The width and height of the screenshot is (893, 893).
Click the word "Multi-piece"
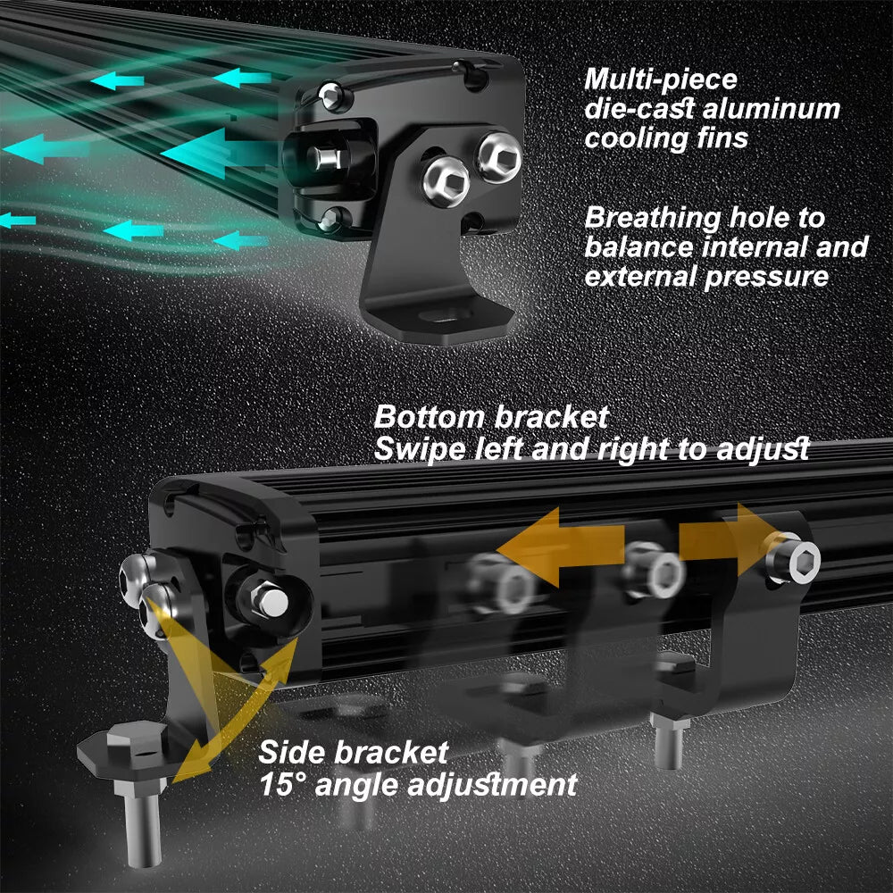(661, 79)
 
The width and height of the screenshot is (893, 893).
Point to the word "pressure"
(766, 278)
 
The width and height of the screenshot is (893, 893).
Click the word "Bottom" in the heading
(430, 417)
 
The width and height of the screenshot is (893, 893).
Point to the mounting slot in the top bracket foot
(446, 315)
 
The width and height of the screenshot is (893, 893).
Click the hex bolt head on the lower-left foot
(137, 736)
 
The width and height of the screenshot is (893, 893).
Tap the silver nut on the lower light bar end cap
(269, 601)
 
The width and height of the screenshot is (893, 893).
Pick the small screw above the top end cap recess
(331, 95)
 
